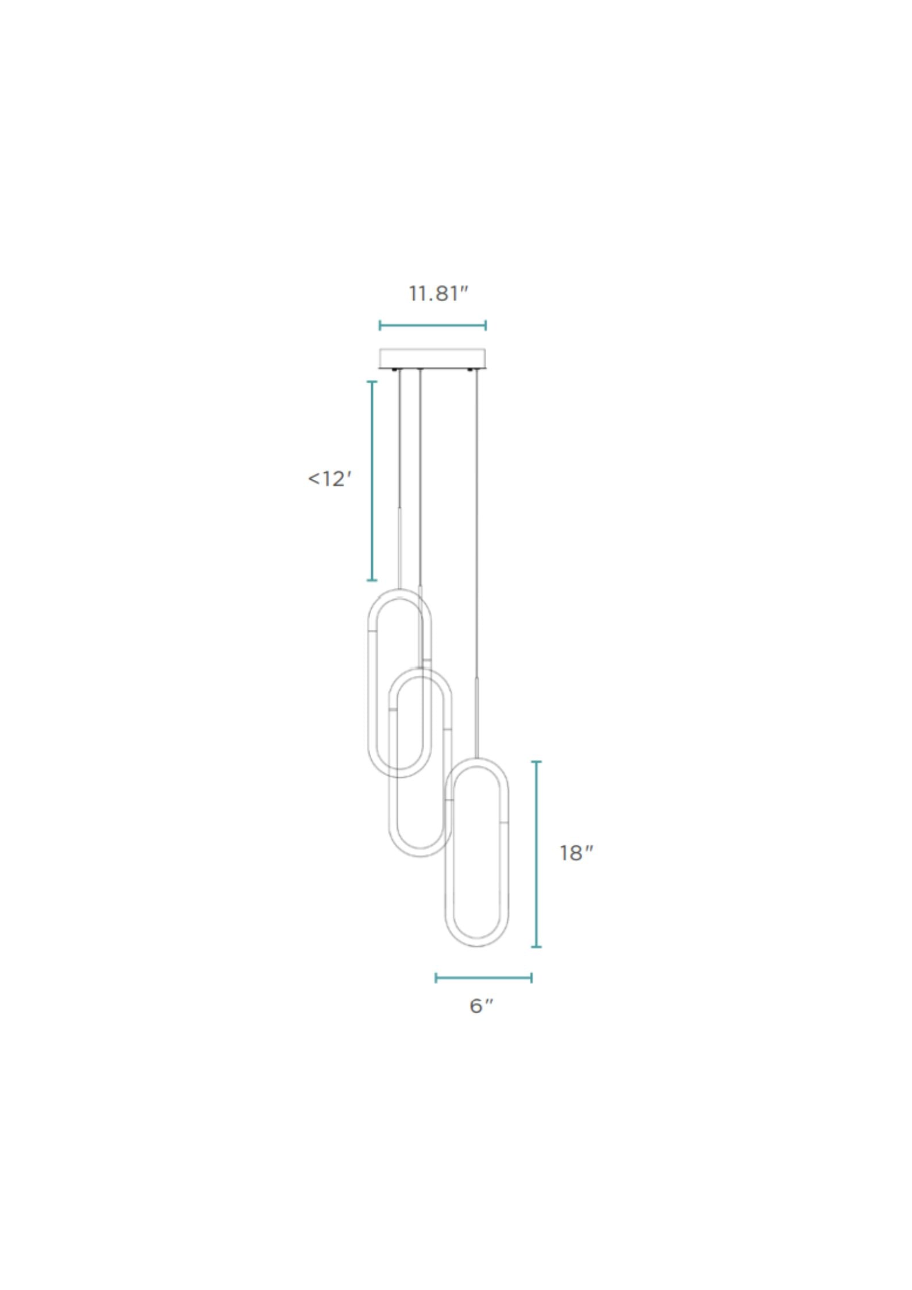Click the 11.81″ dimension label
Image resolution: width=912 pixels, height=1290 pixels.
(438, 294)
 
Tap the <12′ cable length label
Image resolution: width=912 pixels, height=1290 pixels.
(329, 479)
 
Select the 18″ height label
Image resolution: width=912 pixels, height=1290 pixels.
(576, 853)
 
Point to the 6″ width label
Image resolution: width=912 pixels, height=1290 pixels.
(482, 1006)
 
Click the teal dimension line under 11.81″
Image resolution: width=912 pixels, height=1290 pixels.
(432, 326)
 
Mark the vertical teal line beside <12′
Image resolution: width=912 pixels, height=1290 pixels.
(372, 480)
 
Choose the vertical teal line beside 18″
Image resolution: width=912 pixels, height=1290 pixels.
(536, 854)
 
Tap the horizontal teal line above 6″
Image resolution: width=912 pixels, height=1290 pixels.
(483, 977)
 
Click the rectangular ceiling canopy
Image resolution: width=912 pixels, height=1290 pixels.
(432, 357)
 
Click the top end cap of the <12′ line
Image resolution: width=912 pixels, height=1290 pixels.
(372, 382)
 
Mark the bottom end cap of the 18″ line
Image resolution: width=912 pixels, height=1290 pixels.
(536, 946)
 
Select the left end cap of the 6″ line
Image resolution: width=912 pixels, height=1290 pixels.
(436, 977)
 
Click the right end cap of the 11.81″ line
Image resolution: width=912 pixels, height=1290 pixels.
(486, 326)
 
